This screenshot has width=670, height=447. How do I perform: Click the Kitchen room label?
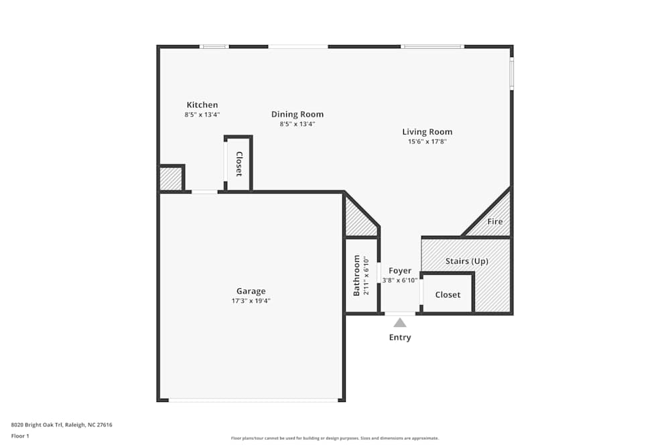click(202, 105)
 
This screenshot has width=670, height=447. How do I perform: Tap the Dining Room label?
click(297, 115)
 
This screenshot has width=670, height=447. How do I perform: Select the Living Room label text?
click(427, 132)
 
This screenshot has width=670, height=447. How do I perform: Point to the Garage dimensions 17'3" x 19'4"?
click(251, 301)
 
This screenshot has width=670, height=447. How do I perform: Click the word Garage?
click(251, 291)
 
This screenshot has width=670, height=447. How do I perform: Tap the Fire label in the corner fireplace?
click(494, 222)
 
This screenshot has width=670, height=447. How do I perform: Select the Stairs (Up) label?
click(466, 261)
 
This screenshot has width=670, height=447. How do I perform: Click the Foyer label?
click(400, 271)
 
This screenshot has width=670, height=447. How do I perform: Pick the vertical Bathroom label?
click(356, 275)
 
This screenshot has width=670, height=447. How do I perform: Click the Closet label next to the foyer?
click(448, 294)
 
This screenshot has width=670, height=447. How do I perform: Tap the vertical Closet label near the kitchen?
click(239, 164)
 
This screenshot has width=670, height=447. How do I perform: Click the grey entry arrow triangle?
click(400, 322)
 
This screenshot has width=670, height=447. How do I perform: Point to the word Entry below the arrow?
click(400, 337)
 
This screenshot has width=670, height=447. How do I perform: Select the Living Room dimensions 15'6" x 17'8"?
click(427, 141)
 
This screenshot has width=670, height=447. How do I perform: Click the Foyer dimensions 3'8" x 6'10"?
click(400, 280)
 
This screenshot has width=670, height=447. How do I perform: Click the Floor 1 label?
click(20, 436)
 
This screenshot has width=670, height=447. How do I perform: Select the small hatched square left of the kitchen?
click(170, 179)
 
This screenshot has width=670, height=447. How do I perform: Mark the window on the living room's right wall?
click(511, 74)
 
